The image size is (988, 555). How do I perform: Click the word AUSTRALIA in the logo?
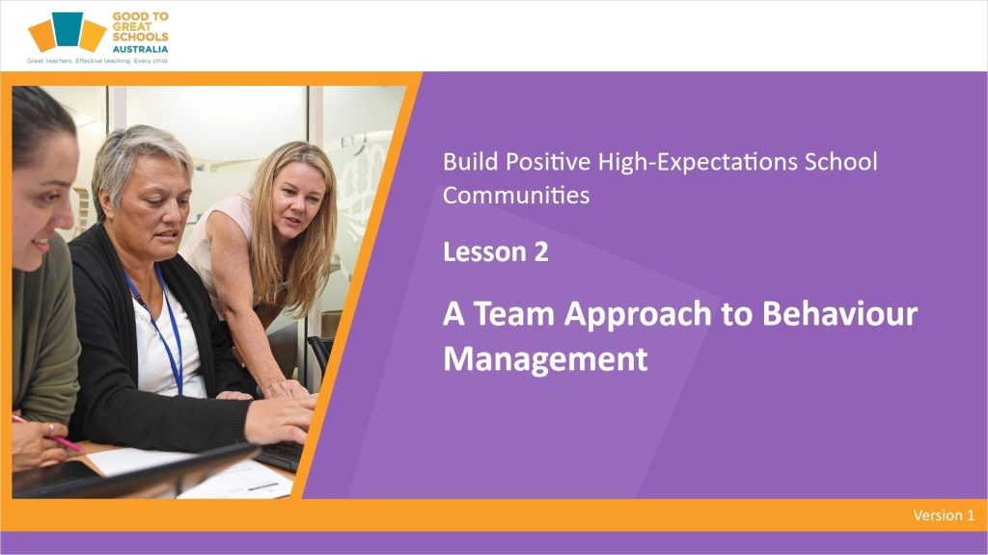tap(140, 49)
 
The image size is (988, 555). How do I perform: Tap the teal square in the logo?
tap(68, 29)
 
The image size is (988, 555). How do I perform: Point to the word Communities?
tap(516, 195)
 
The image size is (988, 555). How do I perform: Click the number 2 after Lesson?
tap(540, 252)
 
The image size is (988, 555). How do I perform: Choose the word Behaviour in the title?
tap(839, 313)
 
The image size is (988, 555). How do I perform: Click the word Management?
tap(545, 359)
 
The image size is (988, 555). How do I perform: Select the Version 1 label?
tap(944, 515)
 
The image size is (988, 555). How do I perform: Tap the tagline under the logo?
tap(97, 61)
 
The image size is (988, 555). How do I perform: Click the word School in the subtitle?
tap(840, 162)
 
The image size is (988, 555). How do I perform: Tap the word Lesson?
tap(484, 252)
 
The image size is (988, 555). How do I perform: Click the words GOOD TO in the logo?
tap(141, 17)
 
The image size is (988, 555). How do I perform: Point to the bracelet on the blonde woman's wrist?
tap(275, 383)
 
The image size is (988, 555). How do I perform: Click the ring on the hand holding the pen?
tap(51, 429)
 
